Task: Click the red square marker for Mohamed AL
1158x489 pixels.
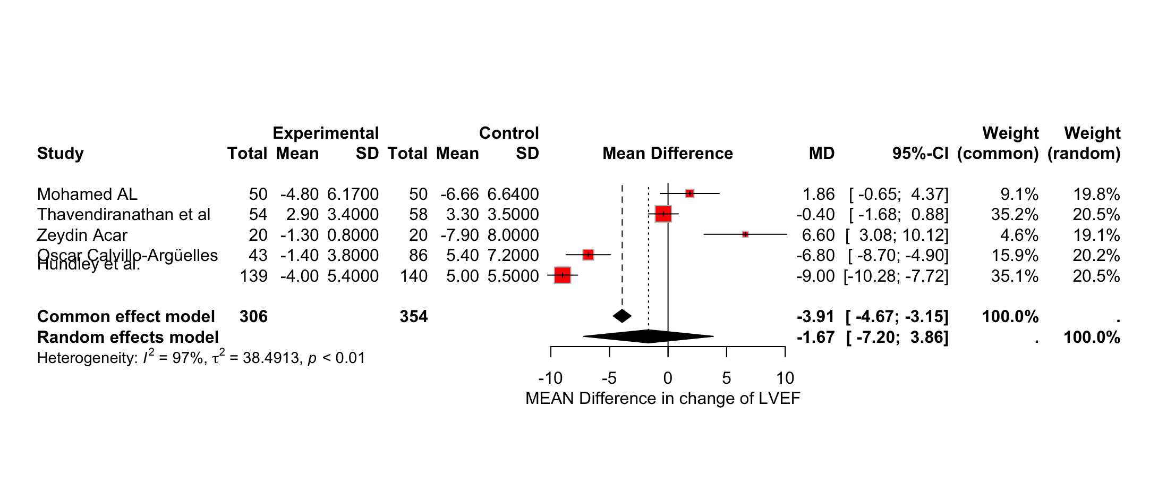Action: pos(689,193)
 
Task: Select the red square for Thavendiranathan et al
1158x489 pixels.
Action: pos(663,214)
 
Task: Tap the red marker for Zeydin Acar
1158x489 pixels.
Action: pos(745,234)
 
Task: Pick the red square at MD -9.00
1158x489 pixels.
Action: pos(563,275)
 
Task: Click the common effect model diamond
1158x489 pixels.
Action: pos(622,316)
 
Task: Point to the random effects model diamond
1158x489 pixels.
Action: pos(648,336)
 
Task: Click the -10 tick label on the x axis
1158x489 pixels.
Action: pos(550,378)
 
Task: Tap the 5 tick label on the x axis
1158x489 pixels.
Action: pos(726,378)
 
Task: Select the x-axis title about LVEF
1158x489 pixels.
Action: pos(662,399)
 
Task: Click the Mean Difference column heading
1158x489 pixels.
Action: pos(667,154)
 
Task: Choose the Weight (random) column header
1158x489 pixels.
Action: pos(1084,143)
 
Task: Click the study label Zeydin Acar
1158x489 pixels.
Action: pos(82,235)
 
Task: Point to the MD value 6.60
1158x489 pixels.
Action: pos(818,235)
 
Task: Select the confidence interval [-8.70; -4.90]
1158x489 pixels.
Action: pos(898,256)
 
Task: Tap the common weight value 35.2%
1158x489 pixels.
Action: pos(1014,215)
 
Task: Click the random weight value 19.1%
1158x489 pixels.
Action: pos(1096,235)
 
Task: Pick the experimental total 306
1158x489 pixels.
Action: pos(253,317)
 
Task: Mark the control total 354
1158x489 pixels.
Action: pos(413,317)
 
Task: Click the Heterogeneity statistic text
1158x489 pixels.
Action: pos(201,358)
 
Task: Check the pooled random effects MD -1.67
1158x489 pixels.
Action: pos(815,338)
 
